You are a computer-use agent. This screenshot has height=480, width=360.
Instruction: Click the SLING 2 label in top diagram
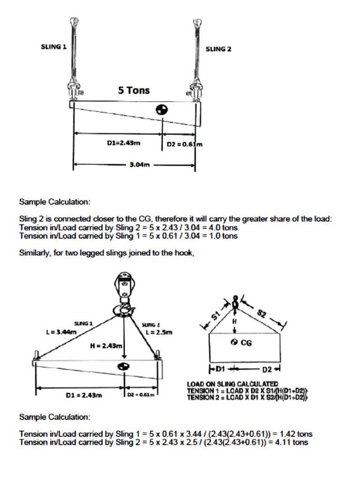(218, 49)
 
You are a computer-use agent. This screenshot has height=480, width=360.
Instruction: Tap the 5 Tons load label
(134, 90)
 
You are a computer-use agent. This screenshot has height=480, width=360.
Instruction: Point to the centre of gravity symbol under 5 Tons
(162, 109)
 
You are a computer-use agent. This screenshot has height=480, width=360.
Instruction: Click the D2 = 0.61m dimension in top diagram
(185, 144)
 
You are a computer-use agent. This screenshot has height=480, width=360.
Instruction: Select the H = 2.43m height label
(106, 346)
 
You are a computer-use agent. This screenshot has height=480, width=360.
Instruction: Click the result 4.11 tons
(291, 442)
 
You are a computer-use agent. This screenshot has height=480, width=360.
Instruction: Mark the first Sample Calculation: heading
(54, 202)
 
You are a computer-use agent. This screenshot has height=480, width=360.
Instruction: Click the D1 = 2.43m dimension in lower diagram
(84, 395)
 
